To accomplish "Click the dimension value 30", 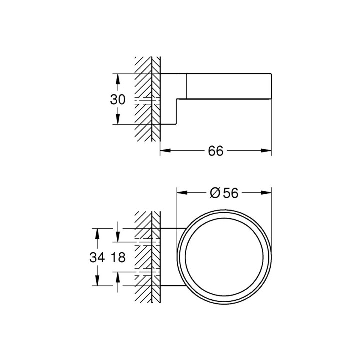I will pyautogui.click(x=118, y=99).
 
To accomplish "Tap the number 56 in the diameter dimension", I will pyautogui.click(x=230, y=193).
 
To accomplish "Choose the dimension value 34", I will pyautogui.click(x=97, y=258).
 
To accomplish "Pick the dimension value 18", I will pyautogui.click(x=118, y=258).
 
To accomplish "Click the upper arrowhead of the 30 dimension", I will pyautogui.click(x=118, y=78).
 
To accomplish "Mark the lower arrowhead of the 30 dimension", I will pyautogui.click(x=118, y=120).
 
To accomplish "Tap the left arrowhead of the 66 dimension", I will pyautogui.click(x=164, y=150).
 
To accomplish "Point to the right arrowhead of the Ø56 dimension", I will pyautogui.click(x=267, y=193).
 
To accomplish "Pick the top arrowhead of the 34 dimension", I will pyautogui.click(x=97, y=232).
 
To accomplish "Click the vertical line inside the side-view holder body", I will pyautogui.click(x=187, y=85).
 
